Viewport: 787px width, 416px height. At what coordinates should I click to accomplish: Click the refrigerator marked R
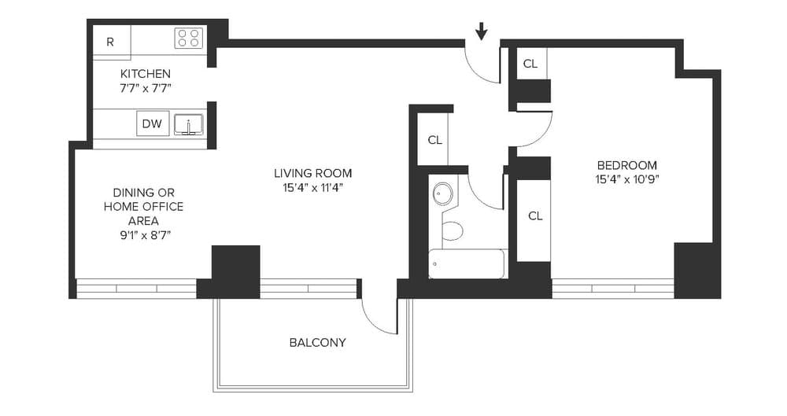[111, 42]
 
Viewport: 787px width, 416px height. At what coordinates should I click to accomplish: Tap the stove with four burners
[188, 38]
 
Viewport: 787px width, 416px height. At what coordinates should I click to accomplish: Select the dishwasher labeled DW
[153, 123]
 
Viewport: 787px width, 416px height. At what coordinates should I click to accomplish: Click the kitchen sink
[188, 123]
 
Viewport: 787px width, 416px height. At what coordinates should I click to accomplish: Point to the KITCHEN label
[145, 74]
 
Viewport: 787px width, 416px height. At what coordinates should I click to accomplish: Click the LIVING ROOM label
[312, 173]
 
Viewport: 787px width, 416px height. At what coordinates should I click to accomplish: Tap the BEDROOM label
[626, 165]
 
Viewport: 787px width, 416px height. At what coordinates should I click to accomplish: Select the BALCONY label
[317, 343]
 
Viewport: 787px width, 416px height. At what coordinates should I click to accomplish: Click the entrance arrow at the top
[482, 31]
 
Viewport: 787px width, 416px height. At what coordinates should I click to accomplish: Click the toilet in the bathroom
[452, 230]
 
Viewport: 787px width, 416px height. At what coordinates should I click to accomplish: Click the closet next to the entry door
[530, 64]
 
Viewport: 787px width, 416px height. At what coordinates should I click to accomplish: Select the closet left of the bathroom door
[434, 140]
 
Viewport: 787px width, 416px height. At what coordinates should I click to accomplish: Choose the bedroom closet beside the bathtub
[534, 215]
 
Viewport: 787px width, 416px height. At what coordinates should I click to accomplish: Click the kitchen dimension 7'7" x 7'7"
[145, 88]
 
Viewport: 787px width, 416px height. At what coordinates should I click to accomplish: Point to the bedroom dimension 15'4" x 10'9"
[626, 179]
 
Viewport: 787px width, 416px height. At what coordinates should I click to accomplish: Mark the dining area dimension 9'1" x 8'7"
[143, 234]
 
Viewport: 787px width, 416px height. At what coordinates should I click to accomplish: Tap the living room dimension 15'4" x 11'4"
[312, 187]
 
